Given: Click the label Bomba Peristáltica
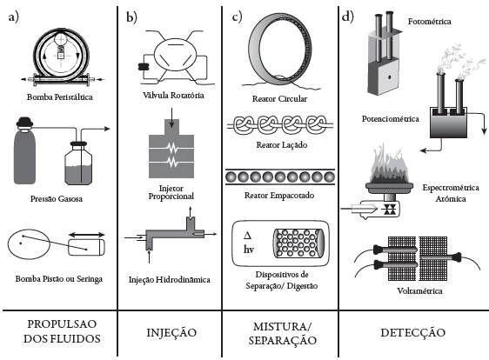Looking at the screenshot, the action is pos(59,97).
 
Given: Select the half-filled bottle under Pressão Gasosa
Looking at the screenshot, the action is pos(78,163).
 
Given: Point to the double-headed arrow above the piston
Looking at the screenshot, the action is pos(86,235).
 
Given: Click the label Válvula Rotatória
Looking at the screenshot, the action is pos(173,95).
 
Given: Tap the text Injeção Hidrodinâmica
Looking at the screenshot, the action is pos(170,280).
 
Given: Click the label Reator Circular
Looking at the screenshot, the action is pos(280,99).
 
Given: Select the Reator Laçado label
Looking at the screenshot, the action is pos(282,145).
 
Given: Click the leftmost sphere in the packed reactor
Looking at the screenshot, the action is pos(231,177).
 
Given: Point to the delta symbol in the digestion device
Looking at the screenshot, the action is pos(247,235).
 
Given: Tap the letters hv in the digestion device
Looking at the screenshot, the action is pos(249,250).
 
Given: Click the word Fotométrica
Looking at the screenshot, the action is pos(430,22).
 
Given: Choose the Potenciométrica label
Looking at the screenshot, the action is pos(391,119).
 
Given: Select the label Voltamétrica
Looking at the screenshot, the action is pos(419,290).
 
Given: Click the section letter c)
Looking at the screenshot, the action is pos(237,17).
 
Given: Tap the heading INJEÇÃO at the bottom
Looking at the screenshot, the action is pos(171,332).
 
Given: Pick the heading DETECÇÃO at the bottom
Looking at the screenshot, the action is pos(413,332).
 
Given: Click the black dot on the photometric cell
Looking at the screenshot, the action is pos(389,77).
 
